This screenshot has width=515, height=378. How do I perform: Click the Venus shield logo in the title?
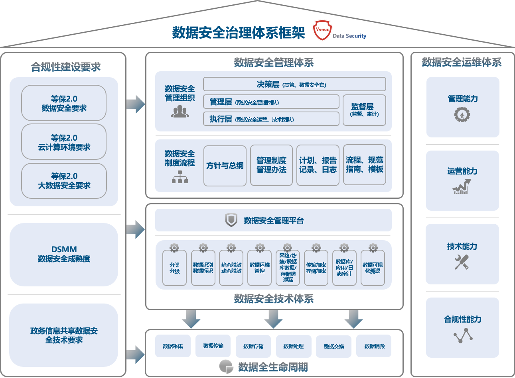[x=322, y=30]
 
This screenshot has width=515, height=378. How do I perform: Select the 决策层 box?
[x=294, y=84]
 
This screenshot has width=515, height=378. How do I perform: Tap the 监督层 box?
[x=364, y=110]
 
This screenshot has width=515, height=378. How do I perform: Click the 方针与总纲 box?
[x=225, y=166]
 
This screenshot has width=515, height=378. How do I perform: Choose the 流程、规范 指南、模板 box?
[x=365, y=165]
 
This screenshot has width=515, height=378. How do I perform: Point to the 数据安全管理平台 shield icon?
[x=231, y=220]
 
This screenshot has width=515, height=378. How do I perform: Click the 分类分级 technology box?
[x=174, y=268]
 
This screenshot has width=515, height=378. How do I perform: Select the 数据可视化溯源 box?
[x=373, y=268]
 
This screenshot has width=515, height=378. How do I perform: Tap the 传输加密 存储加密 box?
[x=316, y=268]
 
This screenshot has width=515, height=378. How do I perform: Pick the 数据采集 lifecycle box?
[x=173, y=346]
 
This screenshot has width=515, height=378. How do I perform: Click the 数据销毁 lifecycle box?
[x=374, y=346]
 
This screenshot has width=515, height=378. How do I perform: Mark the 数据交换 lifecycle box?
[x=334, y=346]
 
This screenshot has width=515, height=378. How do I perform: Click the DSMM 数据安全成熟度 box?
[x=64, y=254]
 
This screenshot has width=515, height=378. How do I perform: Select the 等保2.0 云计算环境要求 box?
[x=64, y=142]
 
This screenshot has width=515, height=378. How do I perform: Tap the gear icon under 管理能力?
[x=462, y=115]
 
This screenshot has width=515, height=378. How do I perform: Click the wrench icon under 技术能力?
[x=462, y=262]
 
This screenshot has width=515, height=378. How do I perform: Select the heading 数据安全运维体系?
[x=462, y=62]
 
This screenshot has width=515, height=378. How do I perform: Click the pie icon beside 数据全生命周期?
[x=226, y=366]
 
